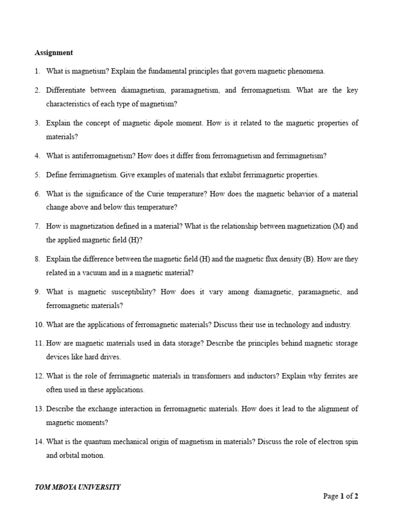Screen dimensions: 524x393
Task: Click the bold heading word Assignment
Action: [54, 53]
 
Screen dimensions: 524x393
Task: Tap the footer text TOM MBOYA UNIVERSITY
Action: [77, 487]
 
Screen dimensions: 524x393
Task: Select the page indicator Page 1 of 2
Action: [340, 496]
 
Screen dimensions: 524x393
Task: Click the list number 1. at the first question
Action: [37, 71]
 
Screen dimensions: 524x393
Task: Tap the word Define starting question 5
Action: [56, 175]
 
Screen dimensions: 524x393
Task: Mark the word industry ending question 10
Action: [337, 324]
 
